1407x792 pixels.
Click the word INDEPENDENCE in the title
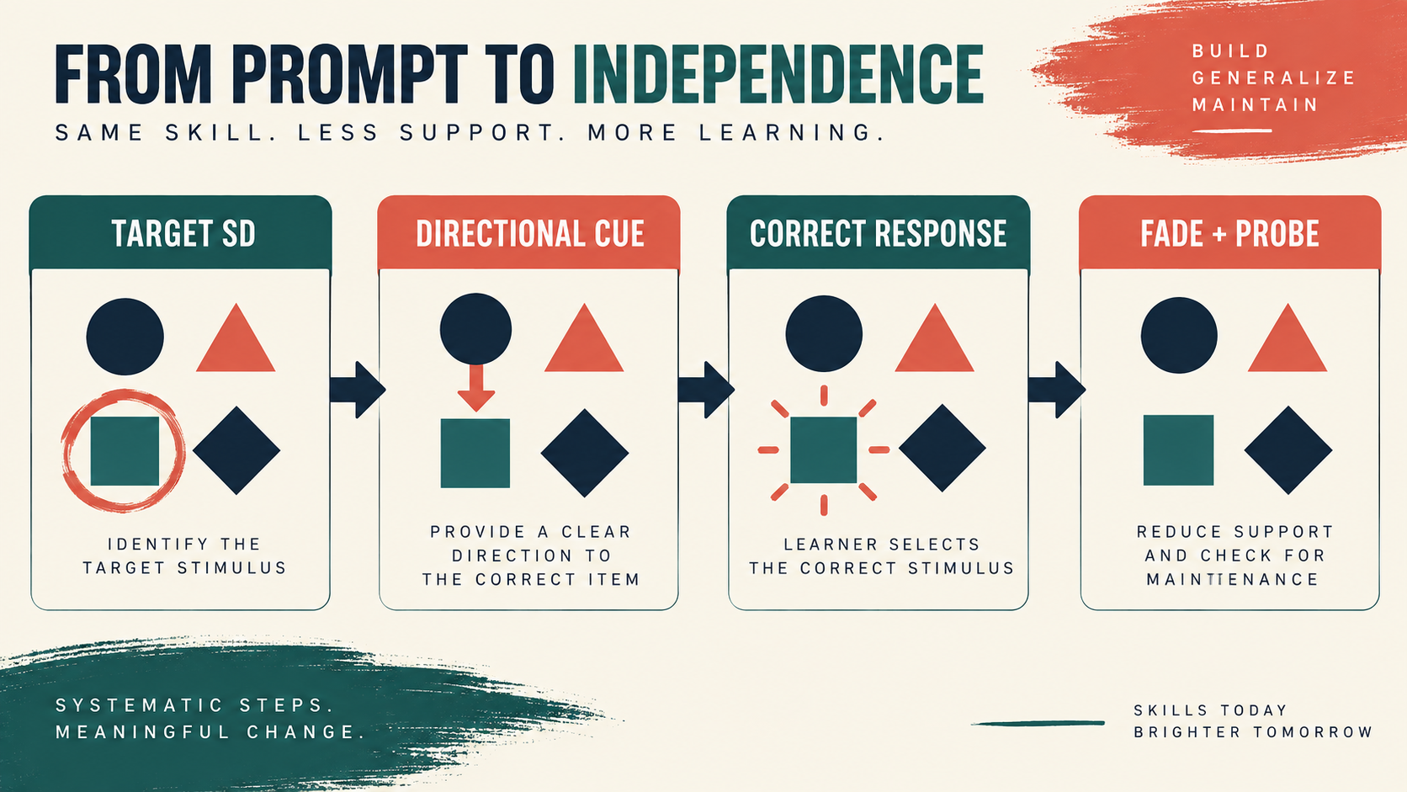click(778, 74)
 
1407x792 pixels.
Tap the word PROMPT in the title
click(349, 74)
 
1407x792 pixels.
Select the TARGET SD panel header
click(180, 233)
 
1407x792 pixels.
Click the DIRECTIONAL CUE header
click(528, 233)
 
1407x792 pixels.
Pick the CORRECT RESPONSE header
click(879, 233)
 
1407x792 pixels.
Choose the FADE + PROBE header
click(1230, 233)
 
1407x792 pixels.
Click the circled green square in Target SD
click(125, 451)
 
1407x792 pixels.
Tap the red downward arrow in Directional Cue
click(476, 388)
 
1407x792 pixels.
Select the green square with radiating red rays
click(824, 450)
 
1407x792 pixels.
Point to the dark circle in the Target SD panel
click(125, 337)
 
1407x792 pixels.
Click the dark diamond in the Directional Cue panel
click(585, 453)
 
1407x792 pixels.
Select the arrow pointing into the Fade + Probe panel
click(1056, 390)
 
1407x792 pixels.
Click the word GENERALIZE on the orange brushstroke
click(1274, 78)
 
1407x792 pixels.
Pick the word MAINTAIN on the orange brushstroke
click(1255, 105)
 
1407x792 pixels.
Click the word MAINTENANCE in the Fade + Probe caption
click(1232, 579)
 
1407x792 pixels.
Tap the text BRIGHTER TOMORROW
click(1253, 732)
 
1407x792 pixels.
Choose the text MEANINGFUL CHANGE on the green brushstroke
click(210, 732)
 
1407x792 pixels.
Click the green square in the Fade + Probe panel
click(1178, 450)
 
